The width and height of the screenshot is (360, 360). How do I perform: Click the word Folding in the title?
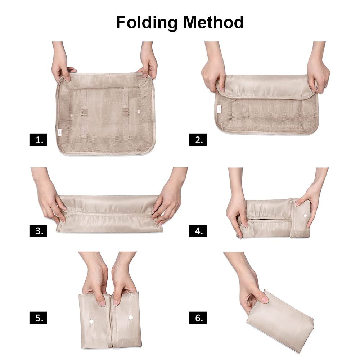coord(147,23)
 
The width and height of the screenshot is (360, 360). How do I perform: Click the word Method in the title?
coord(213,22)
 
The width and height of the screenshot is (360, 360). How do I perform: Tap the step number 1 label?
coord(38,140)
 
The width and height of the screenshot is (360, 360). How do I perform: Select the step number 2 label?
coord(198,140)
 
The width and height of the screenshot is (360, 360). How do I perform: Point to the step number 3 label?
coord(38,231)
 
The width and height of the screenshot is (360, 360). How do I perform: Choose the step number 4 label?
coord(198,231)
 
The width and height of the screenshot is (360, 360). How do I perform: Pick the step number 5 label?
coord(38,318)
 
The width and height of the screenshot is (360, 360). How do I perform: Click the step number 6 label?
coord(198,318)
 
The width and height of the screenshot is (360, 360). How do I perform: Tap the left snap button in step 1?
coord(71,114)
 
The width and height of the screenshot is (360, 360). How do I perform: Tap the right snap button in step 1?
coord(139,112)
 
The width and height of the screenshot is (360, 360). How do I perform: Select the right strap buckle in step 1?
coord(126,111)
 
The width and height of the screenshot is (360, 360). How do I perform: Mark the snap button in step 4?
coord(305,216)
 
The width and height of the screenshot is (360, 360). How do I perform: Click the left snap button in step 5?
coord(91,321)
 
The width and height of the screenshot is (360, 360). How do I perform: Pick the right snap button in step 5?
coord(130,318)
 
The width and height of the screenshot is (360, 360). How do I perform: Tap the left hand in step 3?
coord(49,197)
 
